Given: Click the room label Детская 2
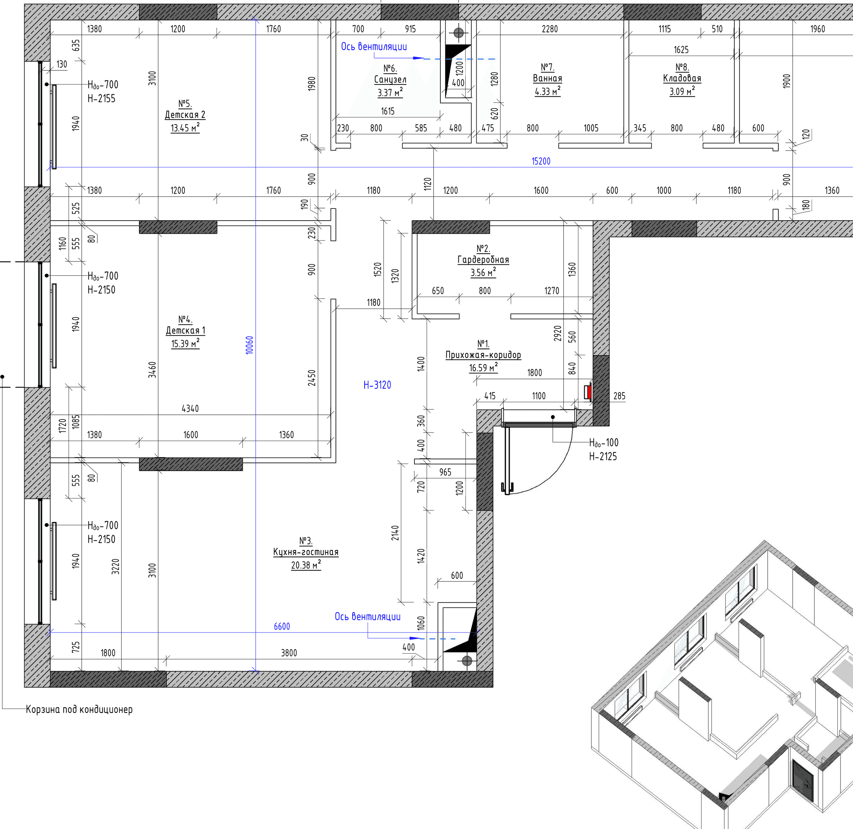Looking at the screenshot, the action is tap(185, 115).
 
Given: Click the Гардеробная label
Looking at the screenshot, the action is tap(483, 260).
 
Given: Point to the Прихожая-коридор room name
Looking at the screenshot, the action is tap(483, 355).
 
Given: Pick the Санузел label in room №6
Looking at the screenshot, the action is tap(390, 79).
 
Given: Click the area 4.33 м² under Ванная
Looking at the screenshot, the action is tap(547, 91).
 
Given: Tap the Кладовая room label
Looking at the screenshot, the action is tap(682, 78).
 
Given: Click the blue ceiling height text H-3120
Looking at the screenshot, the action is tap(377, 385).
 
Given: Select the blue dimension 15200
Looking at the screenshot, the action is tap(541, 161).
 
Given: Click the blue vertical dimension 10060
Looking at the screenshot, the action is tap(250, 345).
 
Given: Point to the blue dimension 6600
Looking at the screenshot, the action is tap(282, 627).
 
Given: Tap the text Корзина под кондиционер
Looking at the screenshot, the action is tap(79, 709).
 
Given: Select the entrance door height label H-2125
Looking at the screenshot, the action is tap(603, 456).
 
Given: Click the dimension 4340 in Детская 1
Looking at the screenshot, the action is tap(190, 408).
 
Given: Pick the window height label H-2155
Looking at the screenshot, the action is tap(101, 99).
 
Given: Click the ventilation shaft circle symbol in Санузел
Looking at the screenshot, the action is tap(459, 33).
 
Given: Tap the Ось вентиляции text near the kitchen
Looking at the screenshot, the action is tap(368, 617).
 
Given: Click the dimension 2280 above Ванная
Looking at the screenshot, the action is tap(550, 29).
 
